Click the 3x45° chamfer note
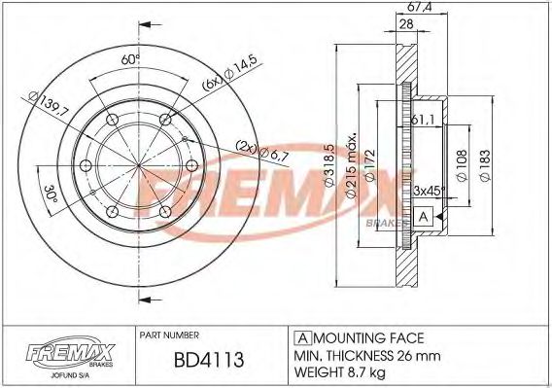pyautogui.click(x=428, y=191)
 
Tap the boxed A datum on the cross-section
pyautogui.click(x=422, y=216)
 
